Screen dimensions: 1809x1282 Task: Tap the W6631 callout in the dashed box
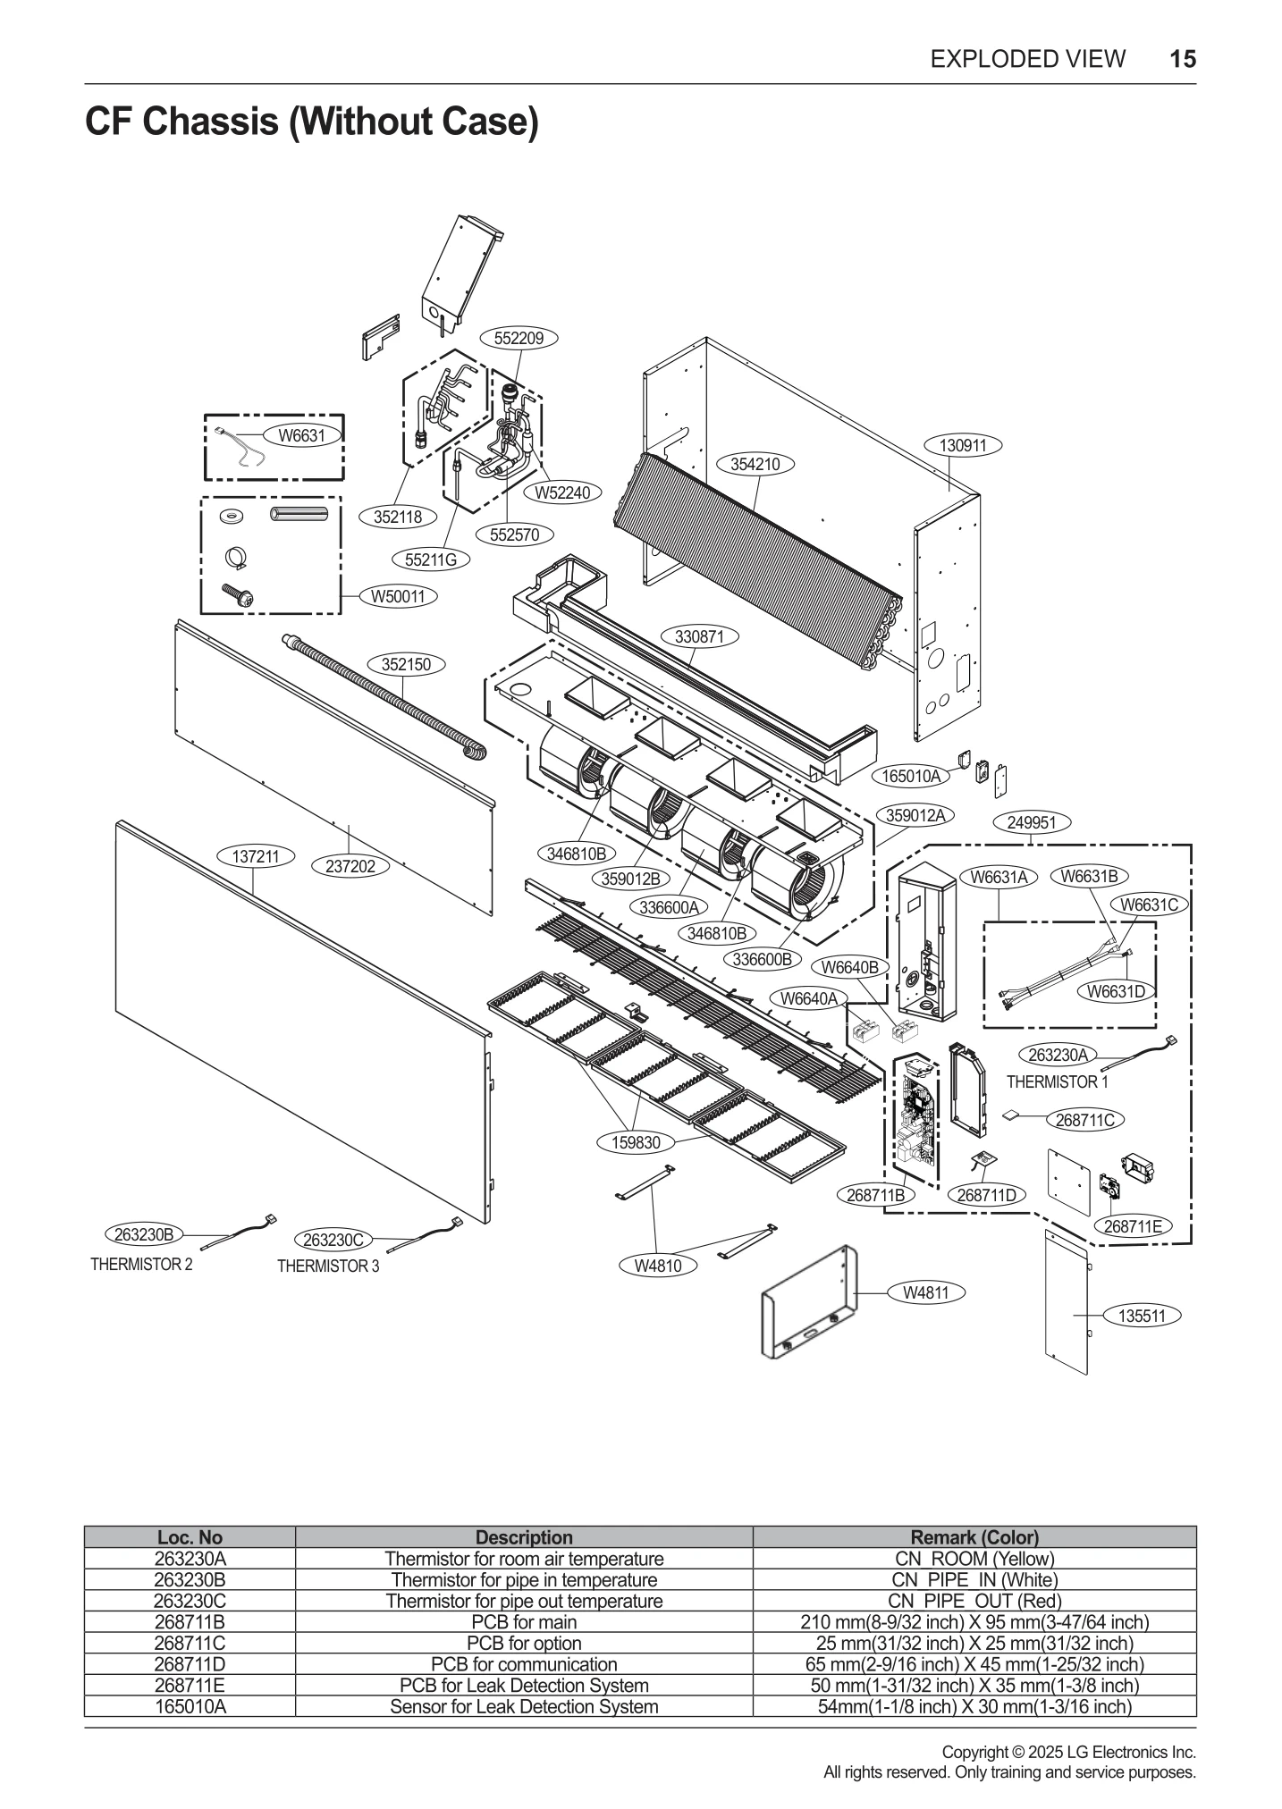point(301,436)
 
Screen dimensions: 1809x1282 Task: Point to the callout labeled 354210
point(755,464)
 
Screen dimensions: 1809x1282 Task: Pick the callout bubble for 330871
point(699,636)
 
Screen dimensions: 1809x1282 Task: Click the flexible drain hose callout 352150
point(406,664)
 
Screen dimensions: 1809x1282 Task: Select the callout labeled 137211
point(256,856)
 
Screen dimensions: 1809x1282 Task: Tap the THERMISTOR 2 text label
point(141,1265)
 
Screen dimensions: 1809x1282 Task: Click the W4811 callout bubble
point(925,1292)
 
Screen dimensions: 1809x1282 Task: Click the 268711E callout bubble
point(1133,1226)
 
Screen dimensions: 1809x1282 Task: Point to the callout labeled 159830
point(636,1142)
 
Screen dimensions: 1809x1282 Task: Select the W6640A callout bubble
point(808,998)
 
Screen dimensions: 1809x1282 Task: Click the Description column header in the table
point(524,1537)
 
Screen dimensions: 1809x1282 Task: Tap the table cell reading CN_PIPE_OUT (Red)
point(974,1601)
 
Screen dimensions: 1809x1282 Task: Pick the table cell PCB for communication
point(524,1664)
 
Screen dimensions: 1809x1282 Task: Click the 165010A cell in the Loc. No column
point(190,1706)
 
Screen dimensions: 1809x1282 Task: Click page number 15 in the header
point(1182,59)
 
